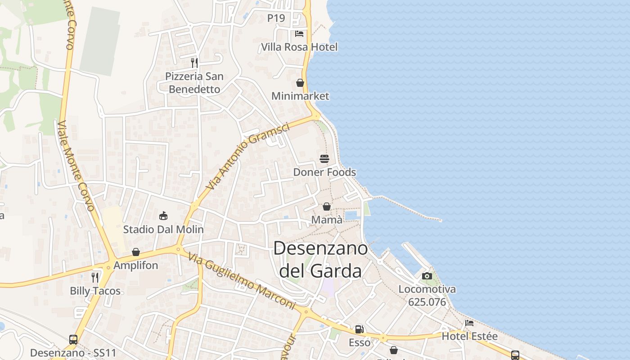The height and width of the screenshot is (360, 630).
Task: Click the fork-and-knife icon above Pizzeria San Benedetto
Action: [194, 63]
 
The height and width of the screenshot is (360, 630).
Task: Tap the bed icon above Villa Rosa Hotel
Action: [299, 34]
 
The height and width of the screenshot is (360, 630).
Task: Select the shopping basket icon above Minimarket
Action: [300, 83]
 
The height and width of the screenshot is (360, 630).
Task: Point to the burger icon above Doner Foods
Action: [324, 159]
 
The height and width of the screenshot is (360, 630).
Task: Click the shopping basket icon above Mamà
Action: [327, 207]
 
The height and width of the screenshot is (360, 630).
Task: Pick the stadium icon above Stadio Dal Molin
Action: [163, 216]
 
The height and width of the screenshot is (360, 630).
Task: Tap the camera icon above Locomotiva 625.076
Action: [427, 276]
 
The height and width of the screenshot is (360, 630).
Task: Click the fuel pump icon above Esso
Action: [360, 329]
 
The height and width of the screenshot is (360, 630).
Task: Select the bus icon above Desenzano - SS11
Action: [73, 340]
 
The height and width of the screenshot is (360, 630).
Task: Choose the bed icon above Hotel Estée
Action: [469, 323]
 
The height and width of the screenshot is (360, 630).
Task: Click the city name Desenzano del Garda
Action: [320, 260]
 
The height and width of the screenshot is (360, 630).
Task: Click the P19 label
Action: [276, 18]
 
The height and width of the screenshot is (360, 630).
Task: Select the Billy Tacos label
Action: [95, 291]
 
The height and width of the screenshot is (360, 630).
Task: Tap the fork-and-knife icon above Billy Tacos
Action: [95, 277]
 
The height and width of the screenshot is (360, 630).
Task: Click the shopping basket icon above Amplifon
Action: [136, 252]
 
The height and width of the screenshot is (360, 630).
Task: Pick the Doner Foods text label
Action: [324, 172]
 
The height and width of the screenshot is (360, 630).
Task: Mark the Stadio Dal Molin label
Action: [163, 229]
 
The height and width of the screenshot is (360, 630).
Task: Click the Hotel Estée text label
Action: [470, 336]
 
